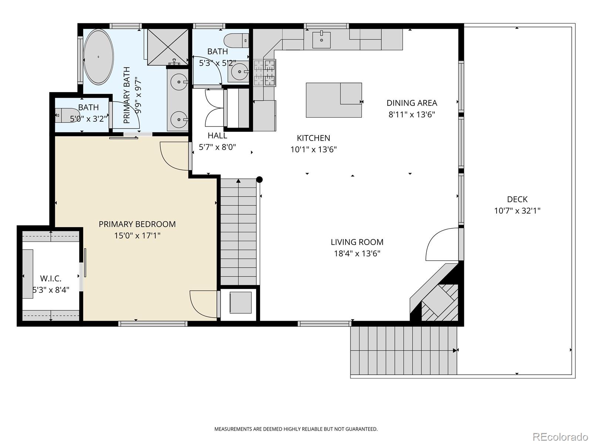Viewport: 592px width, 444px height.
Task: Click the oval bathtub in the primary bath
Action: pyautogui.click(x=98, y=57)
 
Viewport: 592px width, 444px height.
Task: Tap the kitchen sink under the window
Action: pyautogui.click(x=322, y=40)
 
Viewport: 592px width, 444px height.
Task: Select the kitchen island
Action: pyautogui.click(x=334, y=100)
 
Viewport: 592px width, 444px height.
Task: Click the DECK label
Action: pyautogui.click(x=517, y=199)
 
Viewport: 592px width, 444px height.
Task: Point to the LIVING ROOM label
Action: pyautogui.click(x=357, y=242)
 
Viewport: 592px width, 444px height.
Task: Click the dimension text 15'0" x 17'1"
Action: pyautogui.click(x=137, y=236)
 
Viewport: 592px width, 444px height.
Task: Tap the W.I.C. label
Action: pyautogui.click(x=51, y=278)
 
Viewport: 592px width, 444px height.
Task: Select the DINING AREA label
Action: pyautogui.click(x=412, y=103)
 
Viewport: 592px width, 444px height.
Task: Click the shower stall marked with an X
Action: pyautogui.click(x=168, y=47)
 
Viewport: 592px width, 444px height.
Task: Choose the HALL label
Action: pyautogui.click(x=218, y=135)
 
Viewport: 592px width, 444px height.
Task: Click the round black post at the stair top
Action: pyautogui.click(x=259, y=179)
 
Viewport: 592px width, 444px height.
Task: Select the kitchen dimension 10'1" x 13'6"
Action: pyautogui.click(x=313, y=149)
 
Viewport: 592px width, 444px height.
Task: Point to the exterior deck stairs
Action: pyautogui.click(x=404, y=350)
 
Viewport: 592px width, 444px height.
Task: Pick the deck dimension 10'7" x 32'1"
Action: pyautogui.click(x=517, y=211)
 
